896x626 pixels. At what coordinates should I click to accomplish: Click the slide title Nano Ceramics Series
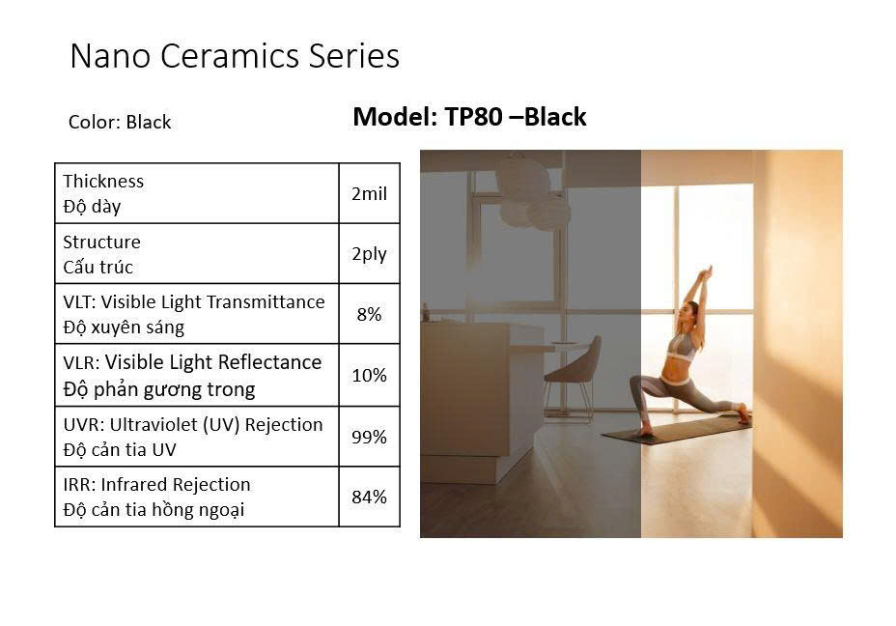[235, 56]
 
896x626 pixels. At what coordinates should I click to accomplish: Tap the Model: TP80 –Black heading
[469, 117]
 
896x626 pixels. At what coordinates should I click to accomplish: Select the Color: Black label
[120, 122]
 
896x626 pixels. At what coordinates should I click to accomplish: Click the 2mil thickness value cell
[369, 193]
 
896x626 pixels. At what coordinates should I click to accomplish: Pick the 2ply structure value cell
[369, 254]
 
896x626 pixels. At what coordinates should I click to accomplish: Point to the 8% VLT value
[369, 314]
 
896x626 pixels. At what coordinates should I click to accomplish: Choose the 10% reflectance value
[369, 375]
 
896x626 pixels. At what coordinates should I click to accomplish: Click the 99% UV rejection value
[369, 437]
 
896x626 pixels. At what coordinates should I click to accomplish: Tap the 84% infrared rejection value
[369, 497]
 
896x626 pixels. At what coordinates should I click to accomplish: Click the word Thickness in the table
[103, 182]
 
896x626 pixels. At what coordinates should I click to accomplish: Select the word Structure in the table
[101, 242]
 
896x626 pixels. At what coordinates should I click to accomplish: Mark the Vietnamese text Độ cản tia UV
[120, 450]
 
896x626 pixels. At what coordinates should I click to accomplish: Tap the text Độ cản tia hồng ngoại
[154, 509]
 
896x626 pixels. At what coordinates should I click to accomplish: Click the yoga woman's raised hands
[708, 272]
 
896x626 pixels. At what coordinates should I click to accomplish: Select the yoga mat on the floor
[677, 429]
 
